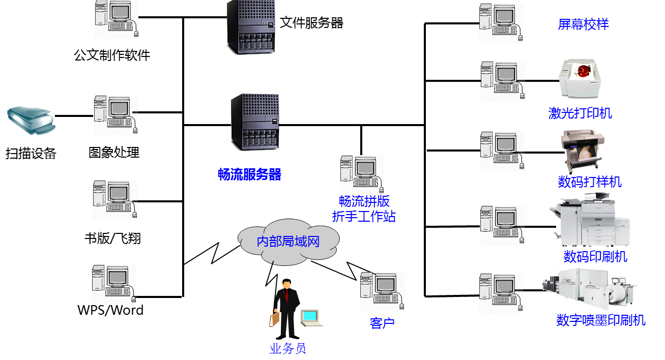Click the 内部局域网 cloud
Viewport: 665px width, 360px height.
tap(288, 241)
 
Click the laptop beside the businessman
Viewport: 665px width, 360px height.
tap(310, 318)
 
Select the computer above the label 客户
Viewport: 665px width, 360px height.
tap(382, 291)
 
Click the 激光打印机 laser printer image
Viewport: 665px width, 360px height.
tap(580, 78)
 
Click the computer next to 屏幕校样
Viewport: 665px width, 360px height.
tap(501, 22)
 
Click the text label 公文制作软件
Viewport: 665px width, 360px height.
tap(112, 55)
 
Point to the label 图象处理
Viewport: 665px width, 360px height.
tap(114, 152)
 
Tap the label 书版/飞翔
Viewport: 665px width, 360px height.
tap(112, 238)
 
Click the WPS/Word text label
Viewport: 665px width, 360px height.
tap(110, 309)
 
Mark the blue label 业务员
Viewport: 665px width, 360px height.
tap(288, 348)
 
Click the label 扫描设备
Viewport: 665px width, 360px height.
tap(31, 153)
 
